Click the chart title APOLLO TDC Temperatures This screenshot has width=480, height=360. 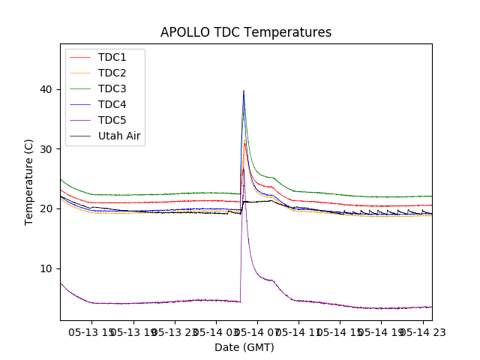246,32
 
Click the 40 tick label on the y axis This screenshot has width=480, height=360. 46,89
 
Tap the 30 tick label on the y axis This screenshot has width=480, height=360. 46,149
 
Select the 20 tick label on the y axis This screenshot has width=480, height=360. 46,208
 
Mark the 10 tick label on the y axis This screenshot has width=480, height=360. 46,268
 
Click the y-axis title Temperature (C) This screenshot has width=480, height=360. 29,181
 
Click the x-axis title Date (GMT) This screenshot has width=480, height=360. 244,347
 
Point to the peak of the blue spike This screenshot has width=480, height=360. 243,91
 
